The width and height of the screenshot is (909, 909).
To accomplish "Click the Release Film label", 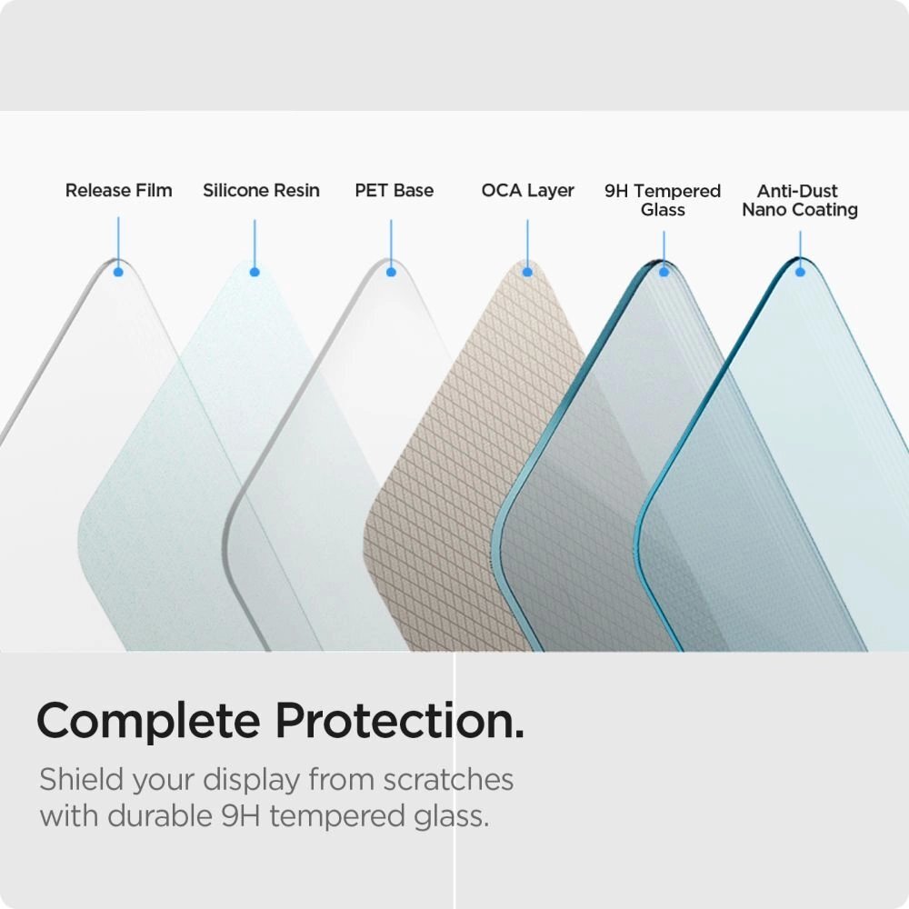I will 118,191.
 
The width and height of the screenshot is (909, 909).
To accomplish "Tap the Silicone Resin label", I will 261,191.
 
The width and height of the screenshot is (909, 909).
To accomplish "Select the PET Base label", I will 394,191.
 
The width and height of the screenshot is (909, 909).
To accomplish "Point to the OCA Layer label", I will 528,191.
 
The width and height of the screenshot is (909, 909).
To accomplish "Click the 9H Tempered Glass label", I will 663,200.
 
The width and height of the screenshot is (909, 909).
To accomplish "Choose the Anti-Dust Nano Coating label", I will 800,200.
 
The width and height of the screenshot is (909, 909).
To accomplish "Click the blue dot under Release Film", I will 118,271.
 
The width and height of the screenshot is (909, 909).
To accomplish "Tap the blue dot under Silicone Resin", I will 255,271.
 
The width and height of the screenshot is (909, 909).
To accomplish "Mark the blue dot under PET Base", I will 391,271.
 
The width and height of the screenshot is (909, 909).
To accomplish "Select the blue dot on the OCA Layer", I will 527,271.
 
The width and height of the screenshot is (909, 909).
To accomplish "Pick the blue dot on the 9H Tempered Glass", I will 664,271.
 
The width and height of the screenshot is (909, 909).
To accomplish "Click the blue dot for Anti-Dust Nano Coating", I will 800,271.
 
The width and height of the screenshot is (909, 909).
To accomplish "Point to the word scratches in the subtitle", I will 448,780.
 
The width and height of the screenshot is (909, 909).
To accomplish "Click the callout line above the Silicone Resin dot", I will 255,241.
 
